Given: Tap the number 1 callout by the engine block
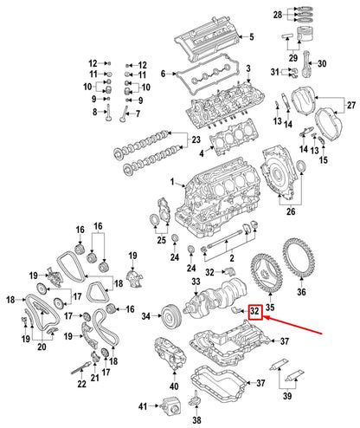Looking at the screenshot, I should pyautogui.click(x=172, y=183).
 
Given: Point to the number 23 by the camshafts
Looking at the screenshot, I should pyautogui.click(x=196, y=139).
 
